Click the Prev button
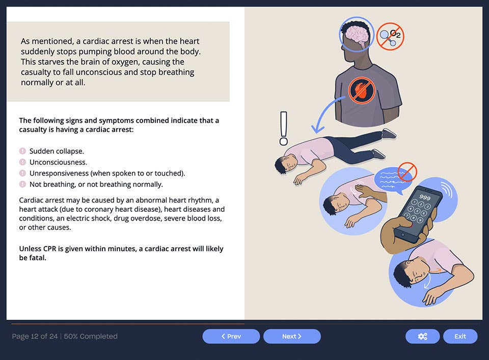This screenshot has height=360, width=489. coord(231,336)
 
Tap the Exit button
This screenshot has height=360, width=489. coord(460,336)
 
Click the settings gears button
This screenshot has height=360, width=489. coord(422,336)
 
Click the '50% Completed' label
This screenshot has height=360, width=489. coord(91,336)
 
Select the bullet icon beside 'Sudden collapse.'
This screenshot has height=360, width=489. coord(22,151)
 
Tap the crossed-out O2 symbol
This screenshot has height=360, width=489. coord(390,37)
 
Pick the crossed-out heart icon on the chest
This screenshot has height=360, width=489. coord(362,90)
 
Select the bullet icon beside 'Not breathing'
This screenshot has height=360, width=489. coord(22,184)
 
